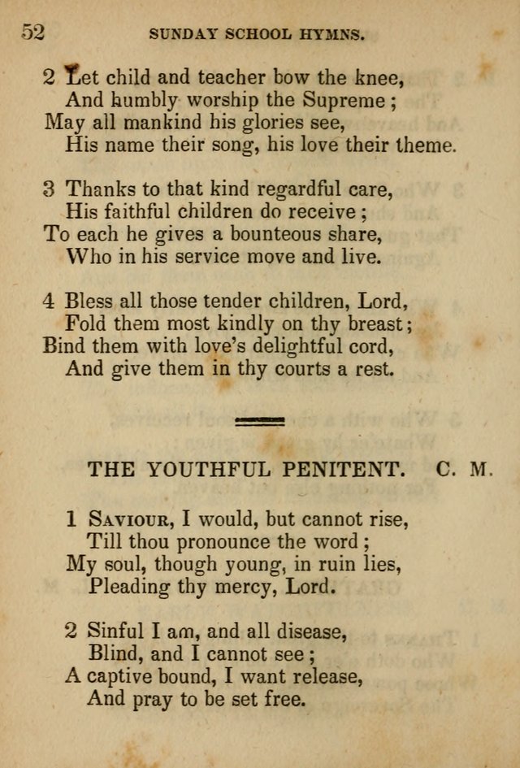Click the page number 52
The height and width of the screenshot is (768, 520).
coord(32,33)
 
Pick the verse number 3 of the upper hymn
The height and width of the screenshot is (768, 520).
coord(49,190)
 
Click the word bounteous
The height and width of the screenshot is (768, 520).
coord(258,235)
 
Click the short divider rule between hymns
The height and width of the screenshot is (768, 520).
coord(260,420)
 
